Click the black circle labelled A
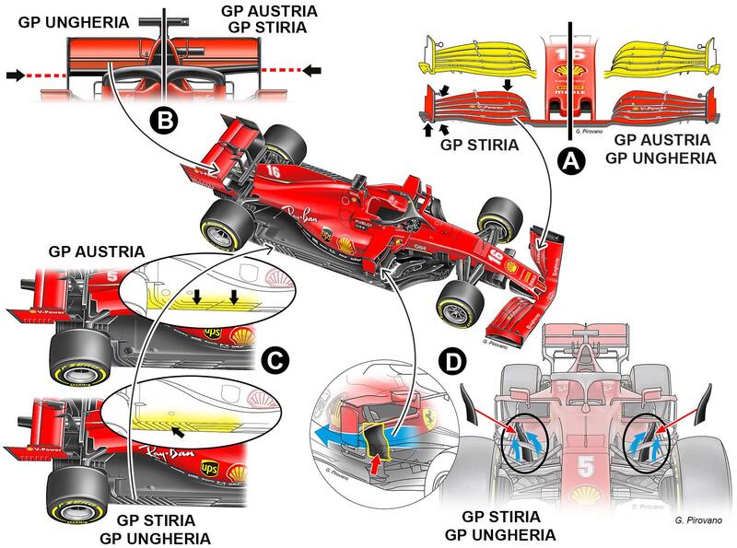coord(571,162)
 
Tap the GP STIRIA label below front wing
coord(476,145)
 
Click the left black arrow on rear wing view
coord(15,72)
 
